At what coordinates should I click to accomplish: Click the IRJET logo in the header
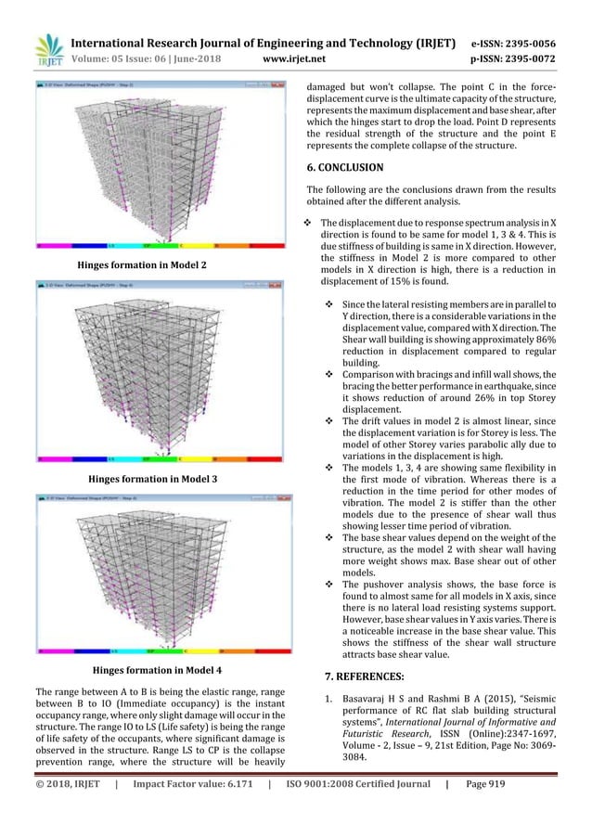point(48,51)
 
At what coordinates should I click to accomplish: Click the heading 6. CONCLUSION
point(344,168)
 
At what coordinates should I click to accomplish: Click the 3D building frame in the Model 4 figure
point(153,571)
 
